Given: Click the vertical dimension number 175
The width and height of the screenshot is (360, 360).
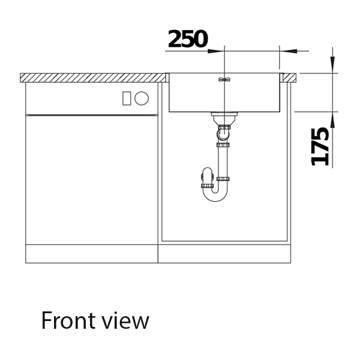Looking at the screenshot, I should [x=320, y=146].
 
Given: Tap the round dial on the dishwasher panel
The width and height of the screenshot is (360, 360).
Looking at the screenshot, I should [x=142, y=98].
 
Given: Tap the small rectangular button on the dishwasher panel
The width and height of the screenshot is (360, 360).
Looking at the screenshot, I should [x=127, y=98].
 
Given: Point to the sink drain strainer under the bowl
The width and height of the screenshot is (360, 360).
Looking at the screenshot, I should [x=224, y=115].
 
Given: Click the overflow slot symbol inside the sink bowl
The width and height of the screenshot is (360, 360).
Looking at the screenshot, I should [x=224, y=79].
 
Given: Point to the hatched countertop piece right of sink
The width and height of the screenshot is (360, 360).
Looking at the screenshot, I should [x=291, y=77].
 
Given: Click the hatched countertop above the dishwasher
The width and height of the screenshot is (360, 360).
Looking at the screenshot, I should [x=90, y=77].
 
